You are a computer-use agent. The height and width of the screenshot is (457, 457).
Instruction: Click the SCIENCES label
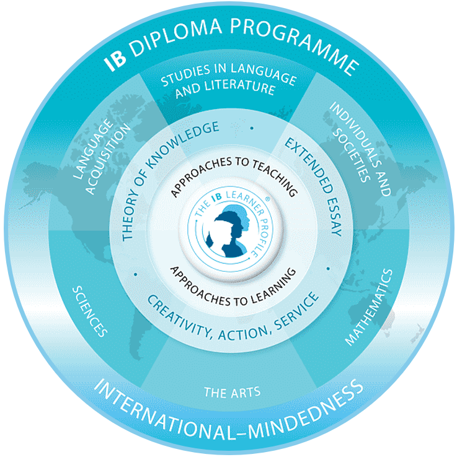tap(90, 311)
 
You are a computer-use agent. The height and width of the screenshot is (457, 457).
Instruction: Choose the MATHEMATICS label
tap(369, 307)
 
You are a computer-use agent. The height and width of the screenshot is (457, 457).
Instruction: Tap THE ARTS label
tap(233, 393)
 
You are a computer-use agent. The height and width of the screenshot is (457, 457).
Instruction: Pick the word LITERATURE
tap(225, 89)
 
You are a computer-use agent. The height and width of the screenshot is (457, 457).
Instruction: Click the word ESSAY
tap(334, 214)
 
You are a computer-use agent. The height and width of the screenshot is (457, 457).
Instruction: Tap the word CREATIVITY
tap(179, 316)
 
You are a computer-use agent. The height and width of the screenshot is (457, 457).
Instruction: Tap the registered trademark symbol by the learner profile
tap(267, 199)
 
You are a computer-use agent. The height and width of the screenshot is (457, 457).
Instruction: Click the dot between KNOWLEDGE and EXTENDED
tap(252, 128)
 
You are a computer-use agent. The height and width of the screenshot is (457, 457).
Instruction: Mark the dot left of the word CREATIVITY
tap(136, 274)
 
